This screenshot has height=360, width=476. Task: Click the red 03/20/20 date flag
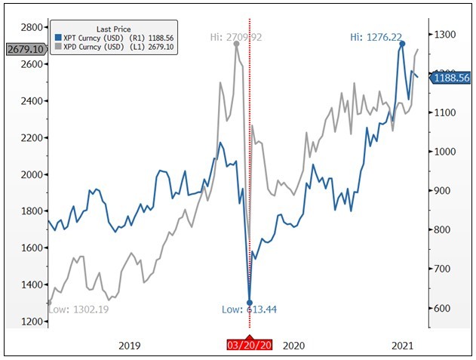[x=250, y=346]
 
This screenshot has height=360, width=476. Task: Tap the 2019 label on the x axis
[x=130, y=346]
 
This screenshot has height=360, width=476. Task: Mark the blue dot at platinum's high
[x=402, y=44]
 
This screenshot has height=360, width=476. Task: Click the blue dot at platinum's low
[x=250, y=303]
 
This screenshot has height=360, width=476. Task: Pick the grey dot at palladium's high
[x=237, y=44]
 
